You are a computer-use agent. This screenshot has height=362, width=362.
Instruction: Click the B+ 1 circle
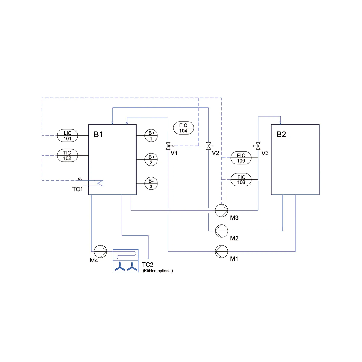(151, 136)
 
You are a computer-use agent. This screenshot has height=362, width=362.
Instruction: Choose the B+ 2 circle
(151, 160)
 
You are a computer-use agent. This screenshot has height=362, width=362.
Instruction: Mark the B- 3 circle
(151, 183)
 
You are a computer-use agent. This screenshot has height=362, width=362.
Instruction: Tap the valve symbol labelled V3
(257, 146)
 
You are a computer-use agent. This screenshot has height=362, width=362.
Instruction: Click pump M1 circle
(221, 251)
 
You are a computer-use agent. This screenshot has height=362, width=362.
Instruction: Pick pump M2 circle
(221, 231)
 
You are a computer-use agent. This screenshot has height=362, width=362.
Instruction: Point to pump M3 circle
(221, 210)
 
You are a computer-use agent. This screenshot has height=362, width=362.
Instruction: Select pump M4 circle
(100, 251)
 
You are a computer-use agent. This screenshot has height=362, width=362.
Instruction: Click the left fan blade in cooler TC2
(120, 266)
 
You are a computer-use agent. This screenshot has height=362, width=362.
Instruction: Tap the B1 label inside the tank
(98, 135)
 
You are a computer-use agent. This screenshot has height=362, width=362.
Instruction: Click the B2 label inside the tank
(281, 135)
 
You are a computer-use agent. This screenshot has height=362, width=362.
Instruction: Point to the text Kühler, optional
(158, 271)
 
